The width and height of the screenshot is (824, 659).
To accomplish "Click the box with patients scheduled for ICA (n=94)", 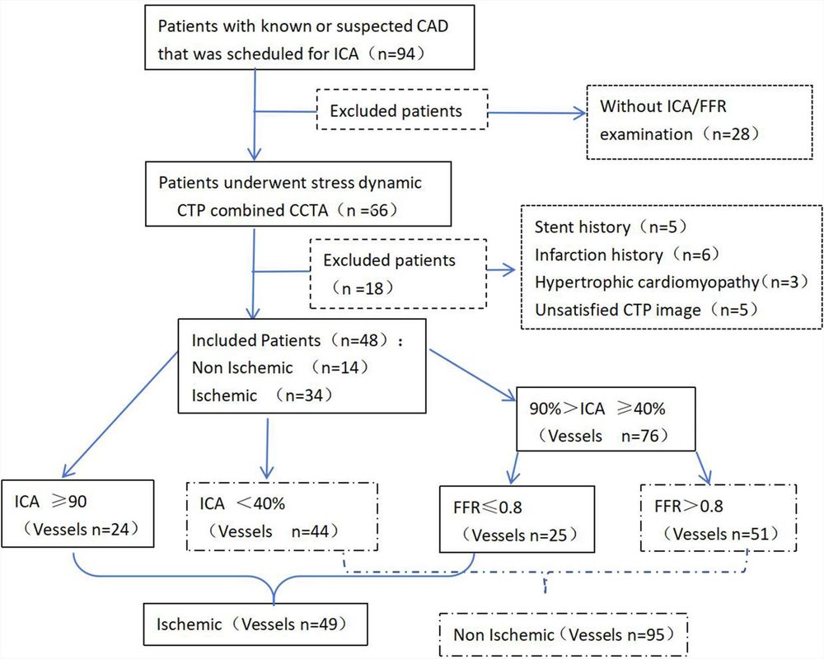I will [311, 38].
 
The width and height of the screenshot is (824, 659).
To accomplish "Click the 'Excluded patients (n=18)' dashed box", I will [397, 273].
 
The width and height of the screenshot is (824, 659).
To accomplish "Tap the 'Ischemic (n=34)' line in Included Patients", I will [262, 395].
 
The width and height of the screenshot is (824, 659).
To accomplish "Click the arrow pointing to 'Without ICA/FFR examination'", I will [536, 112].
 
